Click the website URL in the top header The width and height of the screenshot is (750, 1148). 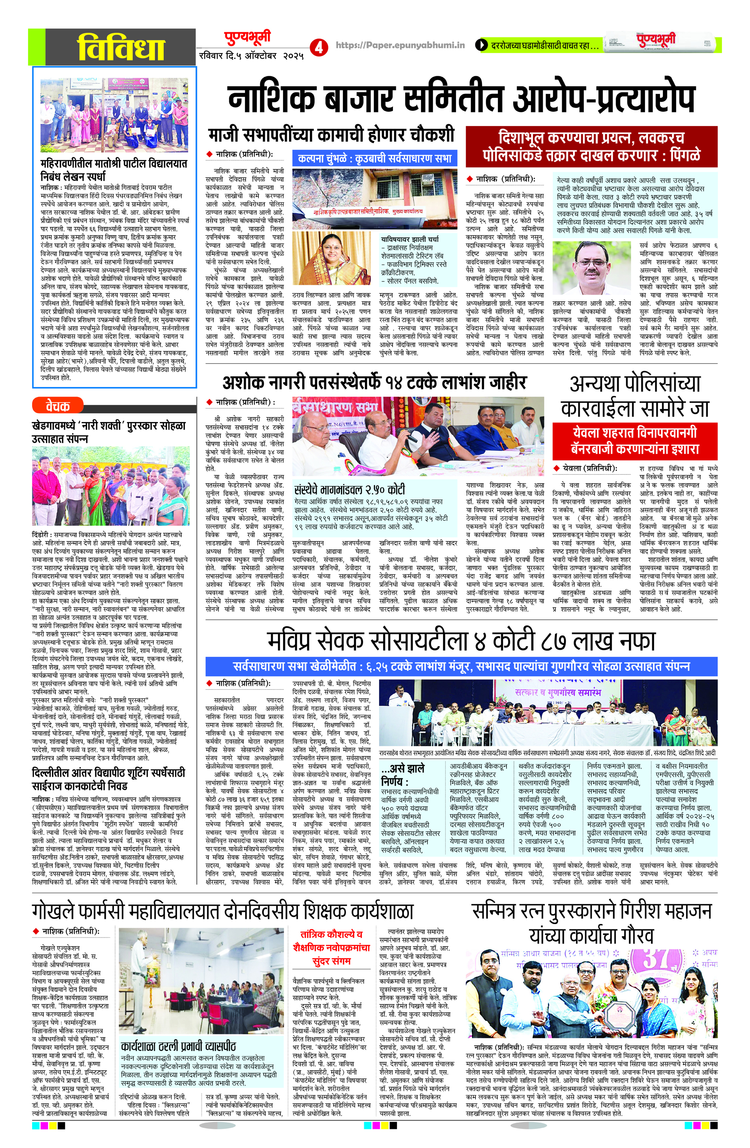tap(400, 45)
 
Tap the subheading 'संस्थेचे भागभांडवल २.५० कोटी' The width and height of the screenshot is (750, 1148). tap(350, 490)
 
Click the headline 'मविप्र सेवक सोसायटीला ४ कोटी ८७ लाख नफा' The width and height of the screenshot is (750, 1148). tap(461, 641)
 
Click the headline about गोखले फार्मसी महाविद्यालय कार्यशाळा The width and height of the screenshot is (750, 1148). tap(223, 912)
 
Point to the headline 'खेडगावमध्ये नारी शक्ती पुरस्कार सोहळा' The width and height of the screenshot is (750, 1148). tap(108, 432)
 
